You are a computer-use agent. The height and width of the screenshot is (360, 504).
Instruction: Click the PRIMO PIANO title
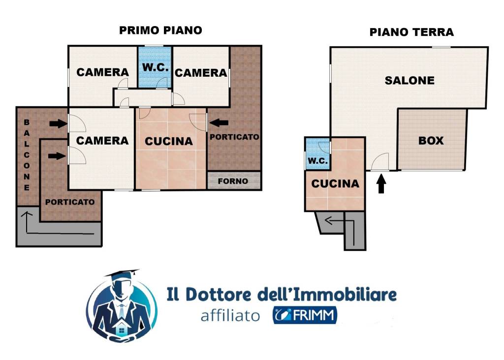160,30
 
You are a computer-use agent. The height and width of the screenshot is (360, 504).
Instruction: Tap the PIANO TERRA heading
411,32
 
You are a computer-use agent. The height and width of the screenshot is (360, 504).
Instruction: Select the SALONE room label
409,81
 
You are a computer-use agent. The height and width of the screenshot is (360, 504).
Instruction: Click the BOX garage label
431,141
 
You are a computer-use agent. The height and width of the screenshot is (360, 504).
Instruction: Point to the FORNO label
233,181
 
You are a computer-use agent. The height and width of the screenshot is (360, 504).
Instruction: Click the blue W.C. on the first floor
155,67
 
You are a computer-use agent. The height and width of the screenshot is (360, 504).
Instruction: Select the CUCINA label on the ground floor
335,184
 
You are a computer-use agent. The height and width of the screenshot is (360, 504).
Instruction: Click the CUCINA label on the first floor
169,141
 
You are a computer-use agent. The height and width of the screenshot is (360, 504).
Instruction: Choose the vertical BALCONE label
27,155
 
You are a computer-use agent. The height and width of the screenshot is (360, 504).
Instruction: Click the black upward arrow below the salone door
381,184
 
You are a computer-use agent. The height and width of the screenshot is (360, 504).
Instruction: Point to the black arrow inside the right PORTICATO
218,122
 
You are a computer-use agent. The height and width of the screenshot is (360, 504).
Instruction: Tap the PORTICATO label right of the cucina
234,137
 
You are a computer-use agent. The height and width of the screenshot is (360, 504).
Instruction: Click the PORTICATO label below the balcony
70,202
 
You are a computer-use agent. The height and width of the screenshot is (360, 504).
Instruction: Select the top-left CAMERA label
102,72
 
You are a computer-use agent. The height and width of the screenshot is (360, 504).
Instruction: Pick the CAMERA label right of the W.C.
201,73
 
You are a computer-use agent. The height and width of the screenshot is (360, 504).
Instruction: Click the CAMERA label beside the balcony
102,141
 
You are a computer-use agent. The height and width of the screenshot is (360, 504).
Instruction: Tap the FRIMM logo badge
305,315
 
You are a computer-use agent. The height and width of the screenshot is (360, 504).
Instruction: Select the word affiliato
230,316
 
